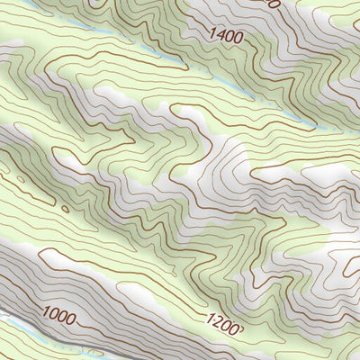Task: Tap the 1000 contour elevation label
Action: coord(59,315)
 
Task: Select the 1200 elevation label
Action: coord(223,323)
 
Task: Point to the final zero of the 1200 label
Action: coord(236,328)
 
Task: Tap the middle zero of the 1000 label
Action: coord(63,317)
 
